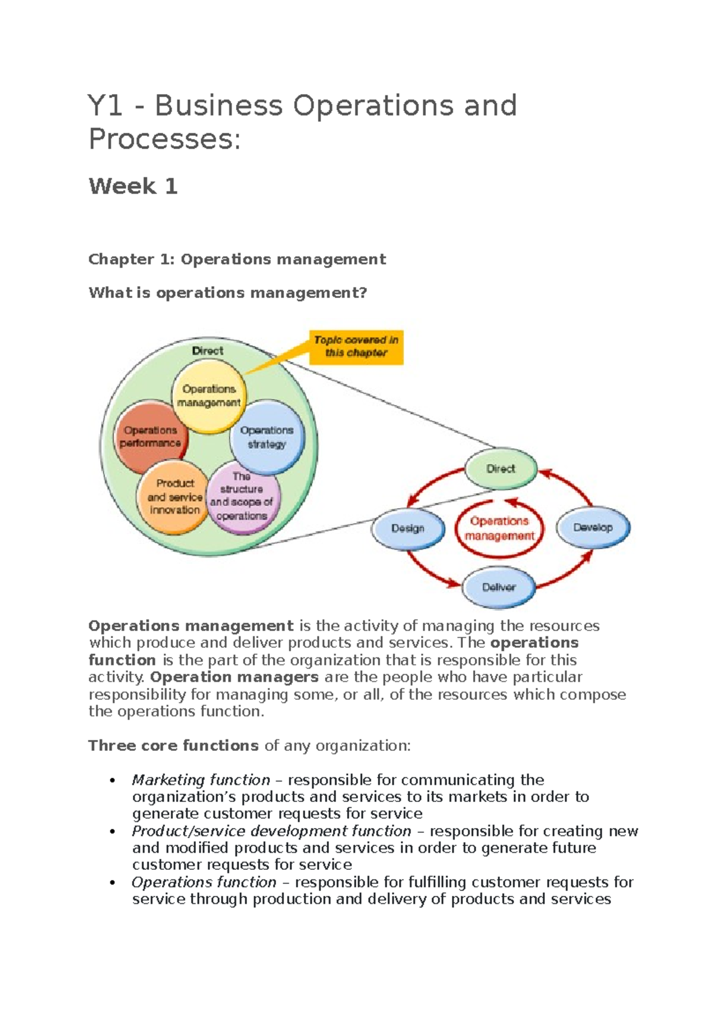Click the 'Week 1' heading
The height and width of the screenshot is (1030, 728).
point(133,186)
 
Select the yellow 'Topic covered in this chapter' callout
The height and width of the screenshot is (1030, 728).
point(356,347)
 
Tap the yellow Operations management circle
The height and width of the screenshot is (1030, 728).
point(209,396)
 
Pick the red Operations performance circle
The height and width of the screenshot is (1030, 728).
point(149,437)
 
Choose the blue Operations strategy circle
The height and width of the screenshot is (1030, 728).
point(266,437)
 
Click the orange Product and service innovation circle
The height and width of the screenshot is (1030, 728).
point(174,497)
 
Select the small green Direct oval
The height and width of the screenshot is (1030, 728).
point(500,468)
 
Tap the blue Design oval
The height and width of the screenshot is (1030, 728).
point(407,528)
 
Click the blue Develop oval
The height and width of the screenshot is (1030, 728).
point(593,527)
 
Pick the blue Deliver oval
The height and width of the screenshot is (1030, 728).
point(499,587)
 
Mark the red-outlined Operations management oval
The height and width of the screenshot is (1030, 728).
point(499,528)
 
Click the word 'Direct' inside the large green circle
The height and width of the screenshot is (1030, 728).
point(207,351)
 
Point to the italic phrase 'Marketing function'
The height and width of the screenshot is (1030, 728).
point(201,780)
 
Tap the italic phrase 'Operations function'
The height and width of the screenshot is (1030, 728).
point(204,882)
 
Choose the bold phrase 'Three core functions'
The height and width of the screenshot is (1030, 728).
point(174,746)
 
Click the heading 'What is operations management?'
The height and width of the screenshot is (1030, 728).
point(227,293)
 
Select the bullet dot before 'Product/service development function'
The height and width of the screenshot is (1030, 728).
point(111,832)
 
